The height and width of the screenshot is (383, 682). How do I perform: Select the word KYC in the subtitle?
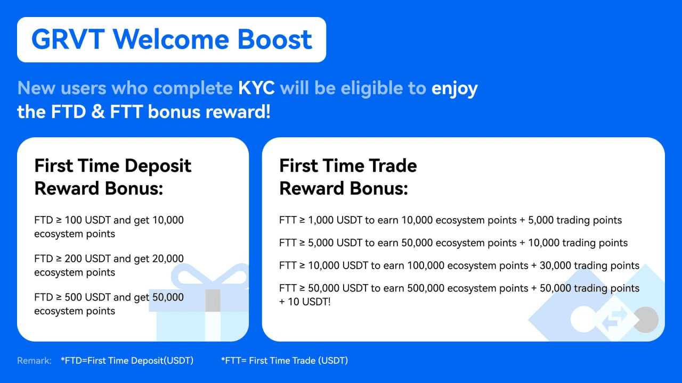256,88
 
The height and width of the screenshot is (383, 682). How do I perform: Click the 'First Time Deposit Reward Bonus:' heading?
112,177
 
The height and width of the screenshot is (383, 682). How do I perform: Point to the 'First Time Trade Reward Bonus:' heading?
348,177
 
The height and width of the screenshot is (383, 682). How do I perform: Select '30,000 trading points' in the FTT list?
590,265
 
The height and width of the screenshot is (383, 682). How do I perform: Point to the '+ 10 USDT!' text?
305,302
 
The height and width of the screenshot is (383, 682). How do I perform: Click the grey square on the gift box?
213,301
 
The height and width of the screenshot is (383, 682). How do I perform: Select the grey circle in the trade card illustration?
646,320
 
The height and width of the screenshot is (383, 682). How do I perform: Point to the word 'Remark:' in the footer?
34,361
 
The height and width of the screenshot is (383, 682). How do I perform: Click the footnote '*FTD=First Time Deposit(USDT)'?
127,361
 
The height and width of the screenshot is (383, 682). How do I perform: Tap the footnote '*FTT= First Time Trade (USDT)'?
285,361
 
